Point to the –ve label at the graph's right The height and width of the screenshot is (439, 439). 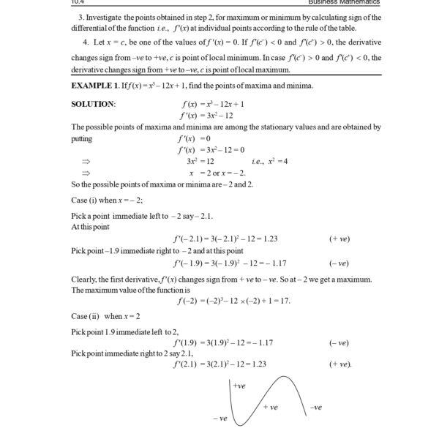316,407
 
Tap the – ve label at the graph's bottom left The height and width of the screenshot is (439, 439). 219,418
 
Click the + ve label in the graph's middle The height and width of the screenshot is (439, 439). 270,407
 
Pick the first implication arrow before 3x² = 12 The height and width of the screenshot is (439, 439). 86,160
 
